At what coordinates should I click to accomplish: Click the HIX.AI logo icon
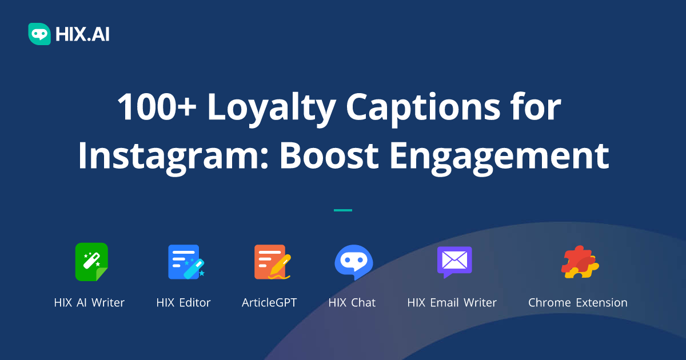pos(39,34)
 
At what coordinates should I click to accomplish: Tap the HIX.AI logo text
pos(82,34)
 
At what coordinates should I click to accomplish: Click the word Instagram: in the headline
pos(171,155)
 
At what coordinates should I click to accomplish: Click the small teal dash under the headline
pos(343,210)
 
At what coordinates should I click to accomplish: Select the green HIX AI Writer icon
pos(91,262)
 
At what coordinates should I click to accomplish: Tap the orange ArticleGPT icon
pos(271,262)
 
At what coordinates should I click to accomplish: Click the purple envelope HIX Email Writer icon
pos(454,262)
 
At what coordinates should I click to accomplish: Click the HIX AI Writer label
pos(89,303)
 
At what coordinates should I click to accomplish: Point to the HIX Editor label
pos(184,303)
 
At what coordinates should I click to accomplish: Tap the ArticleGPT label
pos(269,303)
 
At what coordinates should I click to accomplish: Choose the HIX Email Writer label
pos(452,303)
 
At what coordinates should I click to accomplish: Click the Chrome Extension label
pos(577,303)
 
